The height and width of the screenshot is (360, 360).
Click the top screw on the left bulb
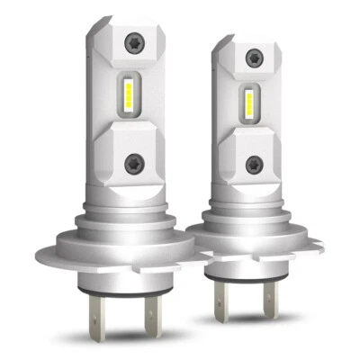(135, 41)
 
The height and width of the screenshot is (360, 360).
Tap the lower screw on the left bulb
(136, 164)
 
